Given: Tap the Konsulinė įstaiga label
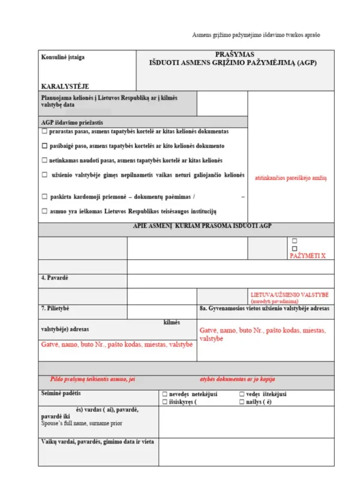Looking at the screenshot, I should tap(63, 58).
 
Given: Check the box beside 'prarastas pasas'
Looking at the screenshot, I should tap(44, 130).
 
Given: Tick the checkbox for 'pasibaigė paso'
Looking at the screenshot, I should tap(44, 146).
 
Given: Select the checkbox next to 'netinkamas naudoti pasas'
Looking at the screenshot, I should tap(44, 160).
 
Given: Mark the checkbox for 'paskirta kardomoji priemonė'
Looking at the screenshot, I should tap(44, 196).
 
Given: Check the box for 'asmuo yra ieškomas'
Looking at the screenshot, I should tap(44, 211).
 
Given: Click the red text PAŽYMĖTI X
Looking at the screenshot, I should tap(307, 256).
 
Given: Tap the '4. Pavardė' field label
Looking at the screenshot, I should tap(55, 278).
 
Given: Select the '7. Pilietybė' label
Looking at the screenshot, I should tap(55, 308).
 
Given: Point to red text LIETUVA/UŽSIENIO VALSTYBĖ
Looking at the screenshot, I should tap(290, 295).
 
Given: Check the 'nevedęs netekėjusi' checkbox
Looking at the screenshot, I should tap(165, 394).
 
